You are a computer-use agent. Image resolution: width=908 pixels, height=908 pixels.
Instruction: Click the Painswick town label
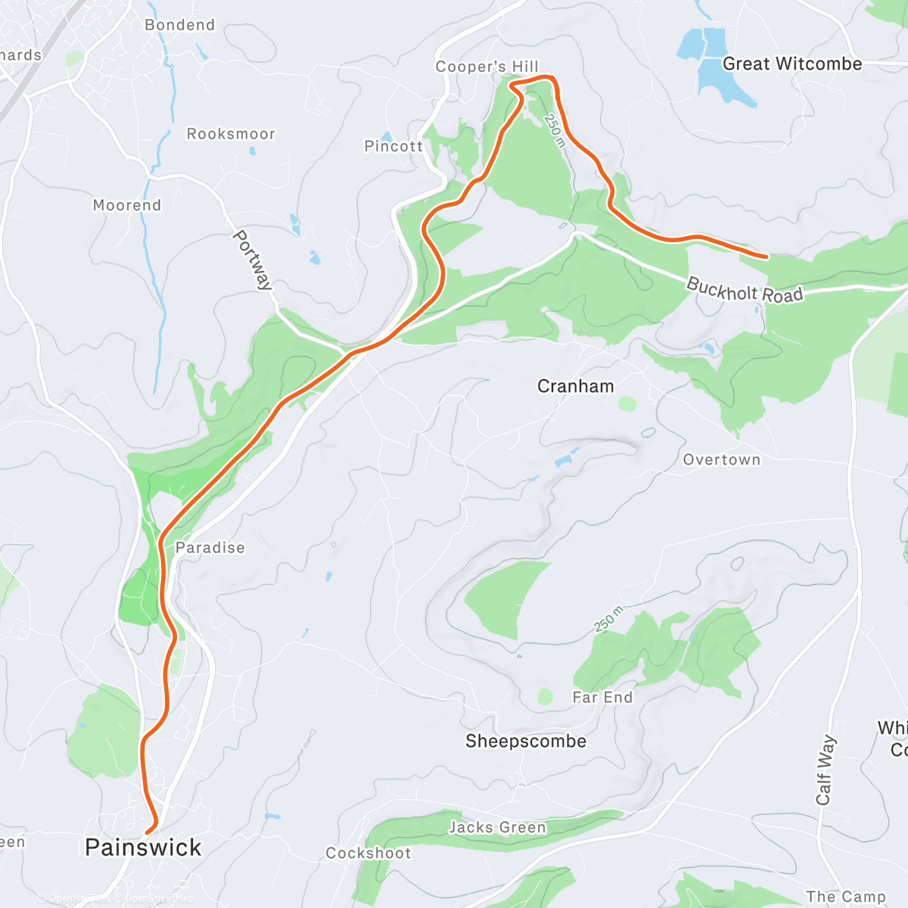[x=143, y=847]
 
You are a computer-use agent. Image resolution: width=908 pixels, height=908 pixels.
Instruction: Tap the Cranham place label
[x=575, y=387]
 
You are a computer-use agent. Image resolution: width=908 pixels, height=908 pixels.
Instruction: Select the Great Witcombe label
[x=792, y=64]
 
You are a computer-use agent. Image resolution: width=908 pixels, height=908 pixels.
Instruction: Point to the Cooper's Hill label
[x=487, y=67]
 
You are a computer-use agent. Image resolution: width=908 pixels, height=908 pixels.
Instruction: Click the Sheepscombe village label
[x=526, y=742]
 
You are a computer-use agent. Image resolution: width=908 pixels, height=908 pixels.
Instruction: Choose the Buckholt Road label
[x=745, y=291]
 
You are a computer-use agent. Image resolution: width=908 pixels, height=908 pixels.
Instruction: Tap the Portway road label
[x=252, y=260]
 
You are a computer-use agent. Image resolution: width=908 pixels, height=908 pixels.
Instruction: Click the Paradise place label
[x=210, y=548]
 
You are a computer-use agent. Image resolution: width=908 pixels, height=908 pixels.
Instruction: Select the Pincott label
[x=393, y=147]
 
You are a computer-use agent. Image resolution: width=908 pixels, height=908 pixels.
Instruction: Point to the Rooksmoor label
[x=231, y=134]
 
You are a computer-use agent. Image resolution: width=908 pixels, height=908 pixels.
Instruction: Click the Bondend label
[x=180, y=25]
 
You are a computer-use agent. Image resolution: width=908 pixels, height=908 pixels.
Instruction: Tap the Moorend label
[x=127, y=205]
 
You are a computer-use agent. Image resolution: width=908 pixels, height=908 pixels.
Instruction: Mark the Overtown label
[x=721, y=460]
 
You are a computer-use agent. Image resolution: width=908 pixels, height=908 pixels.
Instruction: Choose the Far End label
[x=602, y=698]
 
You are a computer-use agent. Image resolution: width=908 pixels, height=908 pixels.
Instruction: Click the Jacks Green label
[x=497, y=828]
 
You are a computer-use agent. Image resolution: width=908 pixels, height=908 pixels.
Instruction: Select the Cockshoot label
[x=368, y=854]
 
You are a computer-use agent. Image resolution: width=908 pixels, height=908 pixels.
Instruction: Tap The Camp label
[x=845, y=897]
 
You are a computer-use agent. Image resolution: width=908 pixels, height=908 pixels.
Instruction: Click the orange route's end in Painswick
[x=148, y=833]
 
